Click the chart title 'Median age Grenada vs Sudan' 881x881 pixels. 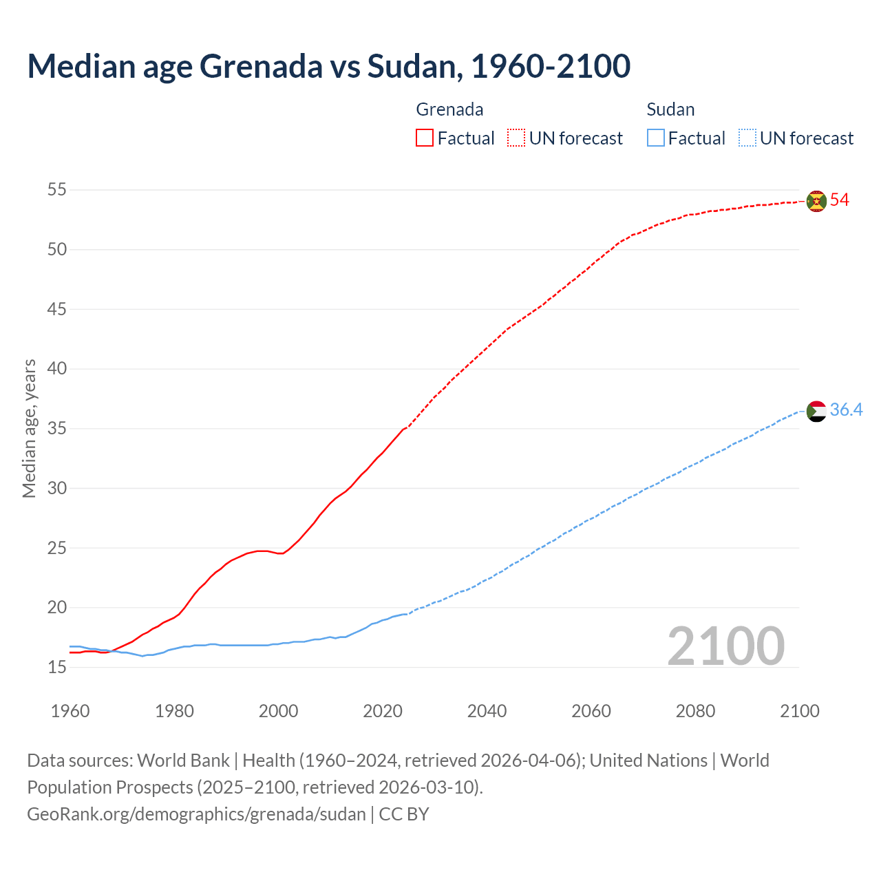(328, 66)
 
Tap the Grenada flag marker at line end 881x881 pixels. (816, 201)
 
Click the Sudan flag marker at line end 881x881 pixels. (816, 411)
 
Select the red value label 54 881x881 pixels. (840, 200)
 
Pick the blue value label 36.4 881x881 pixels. (846, 410)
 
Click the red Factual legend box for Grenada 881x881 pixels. (425, 138)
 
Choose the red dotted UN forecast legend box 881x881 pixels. (516, 138)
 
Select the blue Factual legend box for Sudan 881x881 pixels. (656, 138)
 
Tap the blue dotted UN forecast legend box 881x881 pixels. (747, 138)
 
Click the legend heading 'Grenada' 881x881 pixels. (449, 109)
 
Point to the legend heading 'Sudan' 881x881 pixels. (670, 109)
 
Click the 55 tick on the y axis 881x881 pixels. (57, 189)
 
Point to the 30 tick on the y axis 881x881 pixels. (57, 488)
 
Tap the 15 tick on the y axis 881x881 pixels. (57, 667)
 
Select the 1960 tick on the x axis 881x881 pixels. (70, 711)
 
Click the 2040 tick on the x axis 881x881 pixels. (487, 711)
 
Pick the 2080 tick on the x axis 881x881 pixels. (695, 711)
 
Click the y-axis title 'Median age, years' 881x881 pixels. (29, 428)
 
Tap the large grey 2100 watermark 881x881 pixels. (725, 646)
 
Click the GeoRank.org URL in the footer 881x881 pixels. (196, 814)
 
